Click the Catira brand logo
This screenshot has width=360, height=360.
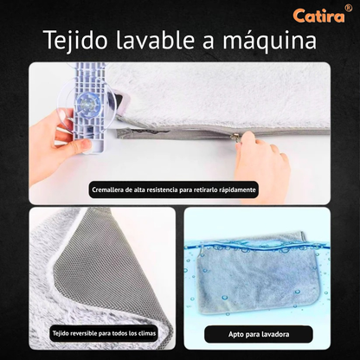318,16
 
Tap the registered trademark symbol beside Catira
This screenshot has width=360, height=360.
349,9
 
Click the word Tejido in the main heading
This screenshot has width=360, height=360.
76,41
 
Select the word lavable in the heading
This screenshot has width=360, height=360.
156,39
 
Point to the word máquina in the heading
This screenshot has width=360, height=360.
270,42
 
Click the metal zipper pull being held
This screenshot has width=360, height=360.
237,135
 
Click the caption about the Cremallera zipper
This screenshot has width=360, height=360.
174,190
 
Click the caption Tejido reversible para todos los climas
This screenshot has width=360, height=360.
104,333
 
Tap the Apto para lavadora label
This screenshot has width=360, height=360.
259,334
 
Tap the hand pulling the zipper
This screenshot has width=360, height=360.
262,164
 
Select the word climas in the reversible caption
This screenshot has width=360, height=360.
146,333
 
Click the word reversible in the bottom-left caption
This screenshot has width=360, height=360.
83,333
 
